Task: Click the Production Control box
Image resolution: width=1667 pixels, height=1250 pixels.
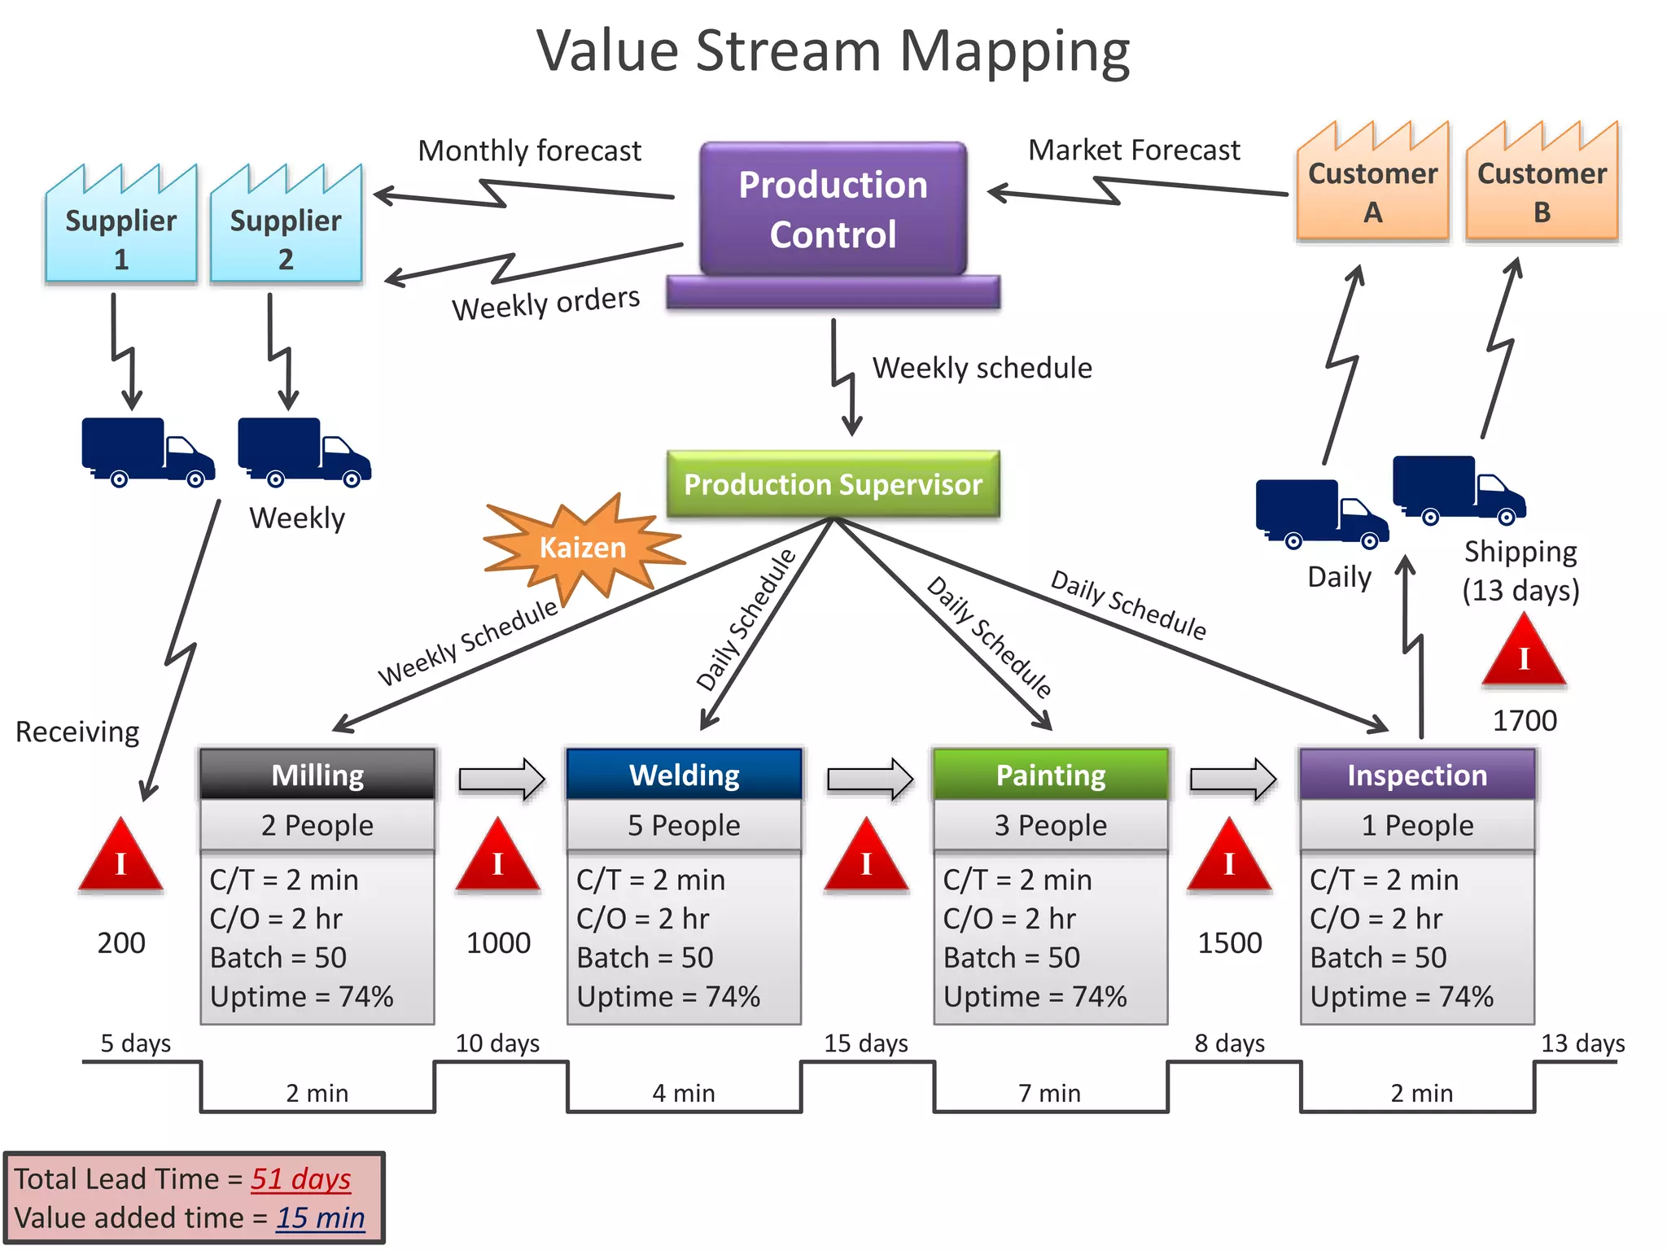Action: (833, 210)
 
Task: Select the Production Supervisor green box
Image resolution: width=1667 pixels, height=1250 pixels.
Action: (833, 484)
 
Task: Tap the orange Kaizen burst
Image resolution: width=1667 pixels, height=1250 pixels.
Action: (583, 547)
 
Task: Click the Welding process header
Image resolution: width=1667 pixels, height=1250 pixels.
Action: (684, 775)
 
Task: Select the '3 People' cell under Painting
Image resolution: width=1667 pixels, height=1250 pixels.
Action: (1050, 825)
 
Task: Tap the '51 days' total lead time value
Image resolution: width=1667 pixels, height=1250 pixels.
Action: (300, 1178)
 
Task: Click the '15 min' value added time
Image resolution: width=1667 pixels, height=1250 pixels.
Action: (320, 1217)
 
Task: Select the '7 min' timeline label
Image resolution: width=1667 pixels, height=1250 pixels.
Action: (1049, 1093)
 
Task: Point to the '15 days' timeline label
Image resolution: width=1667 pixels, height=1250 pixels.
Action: (865, 1043)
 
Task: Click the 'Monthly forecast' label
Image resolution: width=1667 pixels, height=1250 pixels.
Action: (529, 151)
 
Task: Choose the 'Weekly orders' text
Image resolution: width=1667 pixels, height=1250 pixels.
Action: (545, 304)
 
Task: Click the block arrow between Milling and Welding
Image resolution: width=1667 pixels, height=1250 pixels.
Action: (501, 780)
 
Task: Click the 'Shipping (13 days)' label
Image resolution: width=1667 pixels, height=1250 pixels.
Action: (1520, 570)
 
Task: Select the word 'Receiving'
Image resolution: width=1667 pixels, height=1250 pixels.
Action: (77, 732)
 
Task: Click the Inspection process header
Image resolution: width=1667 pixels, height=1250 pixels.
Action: (1417, 775)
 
